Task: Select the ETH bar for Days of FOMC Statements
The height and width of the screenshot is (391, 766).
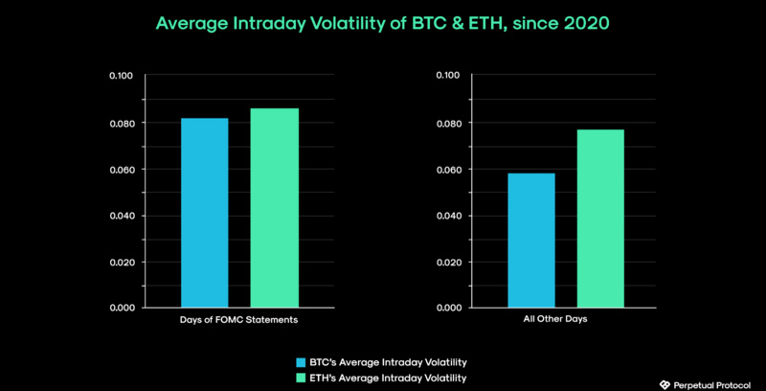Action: click(275, 208)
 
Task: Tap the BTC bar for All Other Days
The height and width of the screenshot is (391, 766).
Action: click(531, 240)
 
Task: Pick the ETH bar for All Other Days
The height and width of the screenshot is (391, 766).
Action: click(601, 218)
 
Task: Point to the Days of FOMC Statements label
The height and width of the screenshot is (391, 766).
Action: click(239, 320)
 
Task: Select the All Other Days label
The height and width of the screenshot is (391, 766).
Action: click(565, 320)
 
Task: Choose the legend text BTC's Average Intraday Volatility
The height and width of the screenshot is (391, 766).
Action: click(388, 362)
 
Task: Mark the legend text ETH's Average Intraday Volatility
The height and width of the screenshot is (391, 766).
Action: click(388, 378)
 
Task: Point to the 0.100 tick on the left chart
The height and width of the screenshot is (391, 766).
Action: click(123, 76)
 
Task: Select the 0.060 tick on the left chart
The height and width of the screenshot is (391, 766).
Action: click(123, 170)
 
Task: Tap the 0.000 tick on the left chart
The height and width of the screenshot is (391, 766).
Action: click(123, 308)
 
